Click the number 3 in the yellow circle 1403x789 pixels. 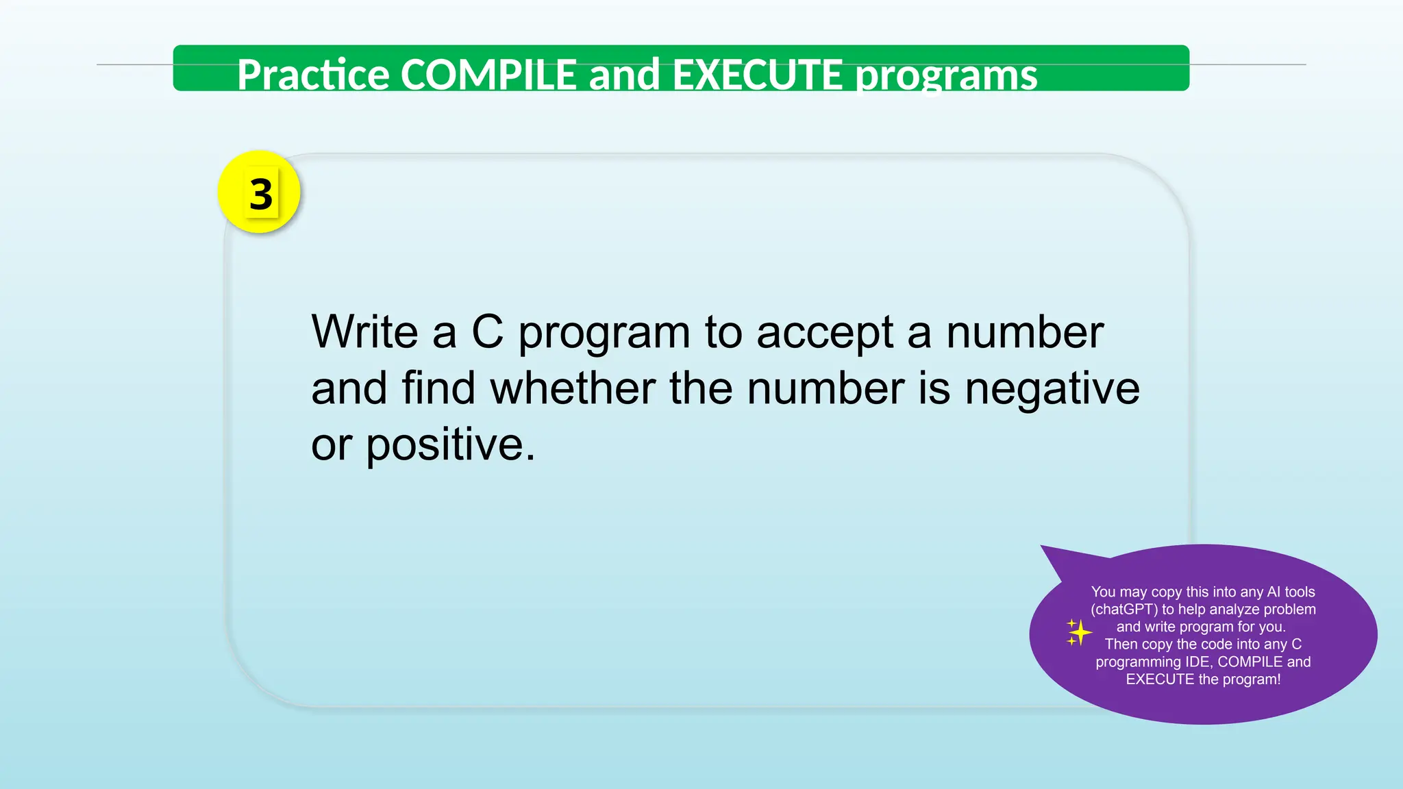pyautogui.click(x=261, y=195)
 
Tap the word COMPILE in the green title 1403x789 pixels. pyautogui.click(x=488, y=75)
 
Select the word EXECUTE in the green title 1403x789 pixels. pyautogui.click(x=757, y=75)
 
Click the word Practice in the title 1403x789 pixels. pyautogui.click(x=313, y=75)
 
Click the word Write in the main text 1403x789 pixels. pyautogui.click(x=364, y=332)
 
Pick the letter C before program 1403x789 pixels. pyautogui.click(x=487, y=332)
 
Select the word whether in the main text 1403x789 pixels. pyautogui.click(x=573, y=388)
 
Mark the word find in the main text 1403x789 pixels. pyautogui.click(x=438, y=388)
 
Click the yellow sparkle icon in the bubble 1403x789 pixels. pyautogui.click(x=1078, y=632)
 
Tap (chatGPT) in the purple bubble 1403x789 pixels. pyautogui.click(x=1123, y=610)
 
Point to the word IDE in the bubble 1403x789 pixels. pyautogui.click(x=1198, y=662)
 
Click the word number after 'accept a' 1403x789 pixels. pyautogui.click(x=1024, y=332)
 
